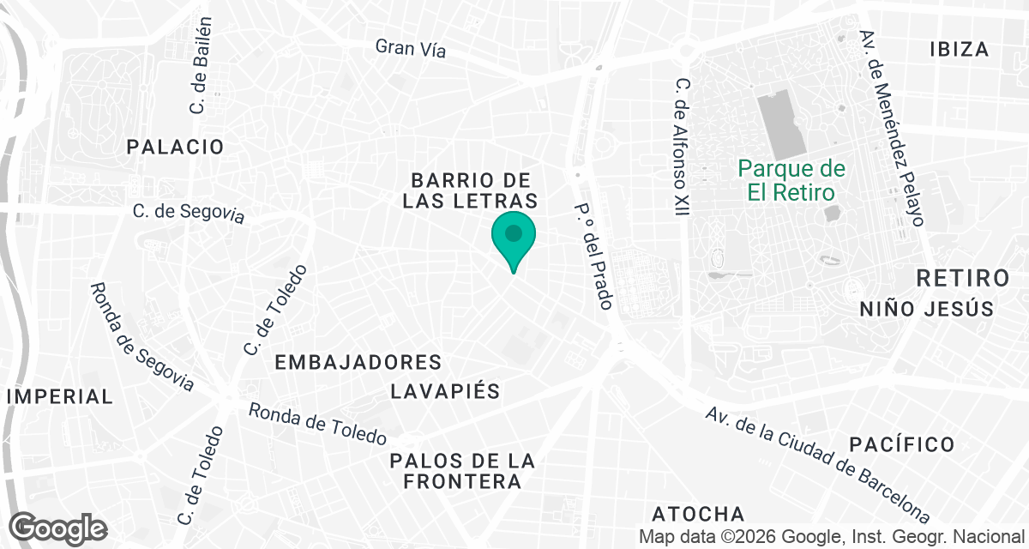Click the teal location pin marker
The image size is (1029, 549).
[x=514, y=237]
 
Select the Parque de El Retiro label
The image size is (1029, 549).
[x=791, y=180]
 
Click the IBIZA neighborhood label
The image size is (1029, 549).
[x=959, y=49]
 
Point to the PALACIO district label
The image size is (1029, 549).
[x=175, y=147]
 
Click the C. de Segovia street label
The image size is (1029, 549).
[x=189, y=213]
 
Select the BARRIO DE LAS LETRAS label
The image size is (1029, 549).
[x=474, y=190]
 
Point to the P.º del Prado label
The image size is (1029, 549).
[x=593, y=256]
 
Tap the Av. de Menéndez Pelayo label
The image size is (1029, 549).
[x=893, y=129]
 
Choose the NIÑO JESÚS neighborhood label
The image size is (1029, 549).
[x=926, y=309]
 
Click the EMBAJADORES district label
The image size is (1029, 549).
[x=358, y=363]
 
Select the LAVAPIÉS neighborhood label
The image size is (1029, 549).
[x=444, y=391]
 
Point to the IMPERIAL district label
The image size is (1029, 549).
[x=60, y=396]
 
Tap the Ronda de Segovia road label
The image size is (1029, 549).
[x=142, y=336]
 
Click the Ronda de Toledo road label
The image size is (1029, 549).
[x=317, y=424]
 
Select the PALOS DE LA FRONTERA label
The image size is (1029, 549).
[x=462, y=471]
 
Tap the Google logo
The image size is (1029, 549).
[x=59, y=527]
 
